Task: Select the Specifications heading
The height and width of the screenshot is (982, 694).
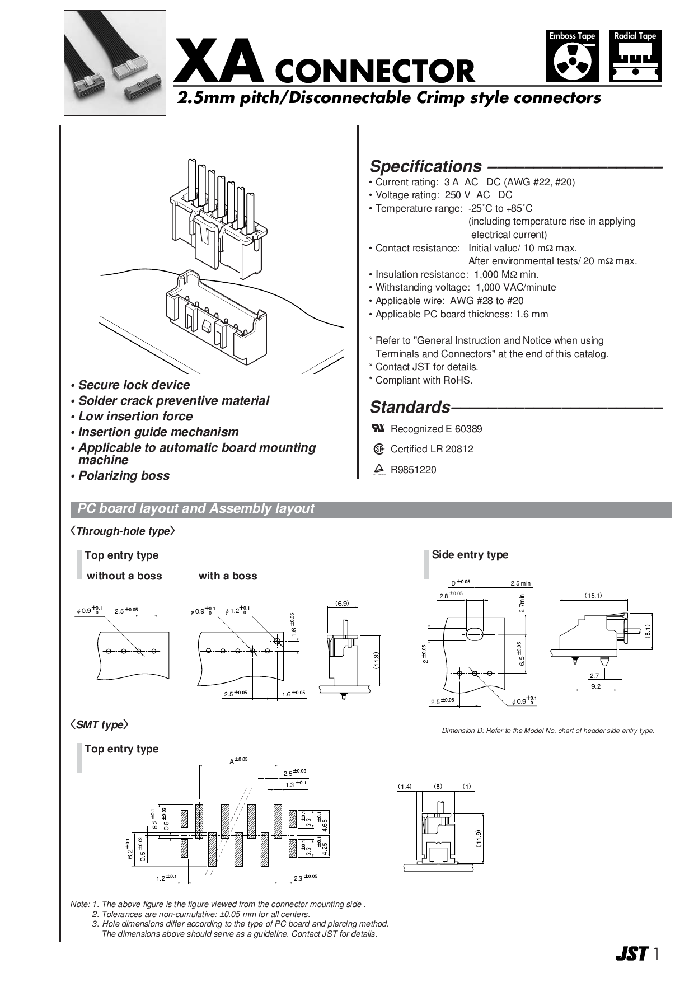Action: pos(425,166)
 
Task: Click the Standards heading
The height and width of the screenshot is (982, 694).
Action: pos(410,406)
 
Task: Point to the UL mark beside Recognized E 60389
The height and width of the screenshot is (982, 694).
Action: pos(378,428)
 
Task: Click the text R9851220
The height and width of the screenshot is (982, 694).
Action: pos(413,470)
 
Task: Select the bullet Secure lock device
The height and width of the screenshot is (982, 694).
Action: pos(133,385)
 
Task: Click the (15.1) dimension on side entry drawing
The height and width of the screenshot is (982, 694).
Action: pos(593,596)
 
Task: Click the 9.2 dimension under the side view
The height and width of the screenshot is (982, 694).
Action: pos(595,686)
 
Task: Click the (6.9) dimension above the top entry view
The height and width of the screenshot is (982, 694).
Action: pos(342,604)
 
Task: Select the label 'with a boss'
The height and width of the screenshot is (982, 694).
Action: pos(228,576)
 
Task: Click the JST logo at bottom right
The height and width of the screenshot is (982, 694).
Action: pos(631,953)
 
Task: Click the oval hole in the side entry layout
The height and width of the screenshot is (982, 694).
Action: pos(473,634)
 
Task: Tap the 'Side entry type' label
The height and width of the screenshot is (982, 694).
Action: pos(470,555)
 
